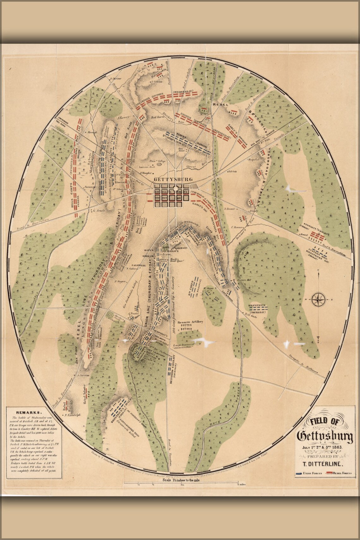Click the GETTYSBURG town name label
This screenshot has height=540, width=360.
tap(173, 179)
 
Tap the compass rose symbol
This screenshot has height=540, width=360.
tap(319, 299)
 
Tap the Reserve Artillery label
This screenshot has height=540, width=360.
tap(190, 322)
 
